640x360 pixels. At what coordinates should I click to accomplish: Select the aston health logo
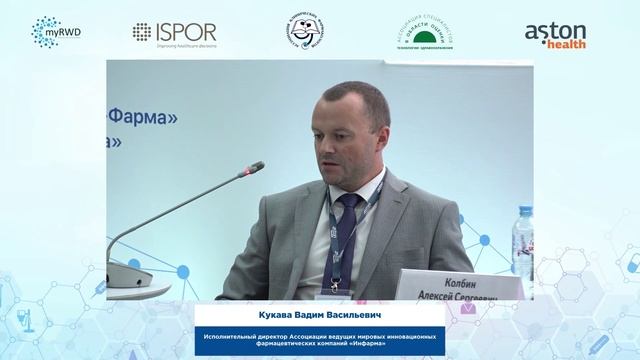(x=555, y=34)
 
